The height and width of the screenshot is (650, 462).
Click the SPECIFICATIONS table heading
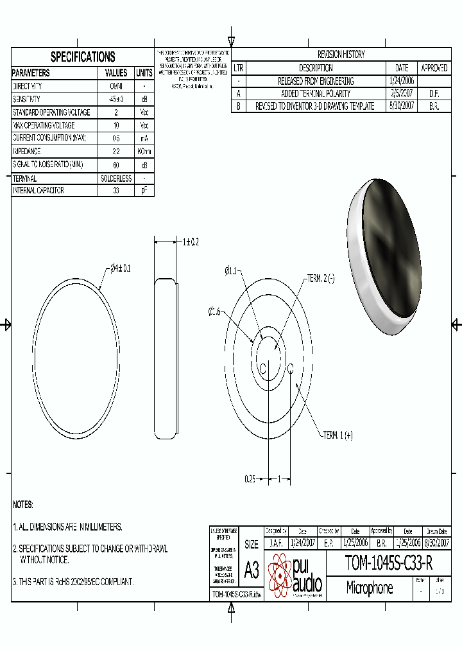pos(83,57)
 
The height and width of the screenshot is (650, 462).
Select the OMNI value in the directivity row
pos(116,86)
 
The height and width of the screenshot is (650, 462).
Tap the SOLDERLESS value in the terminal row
pos(116,179)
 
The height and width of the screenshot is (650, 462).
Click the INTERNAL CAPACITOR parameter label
pos(38,191)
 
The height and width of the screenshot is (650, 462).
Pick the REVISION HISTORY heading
pos(341,55)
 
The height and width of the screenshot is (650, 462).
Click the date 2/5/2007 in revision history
pos(402,94)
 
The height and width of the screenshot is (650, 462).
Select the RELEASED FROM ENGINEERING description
pos(315,81)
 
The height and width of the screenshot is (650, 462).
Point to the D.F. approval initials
pos(434,94)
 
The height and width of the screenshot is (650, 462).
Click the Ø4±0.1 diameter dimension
pos(117,268)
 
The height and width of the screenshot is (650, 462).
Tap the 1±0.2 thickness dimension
pos(191,242)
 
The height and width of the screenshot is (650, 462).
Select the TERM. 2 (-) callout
pos(321,278)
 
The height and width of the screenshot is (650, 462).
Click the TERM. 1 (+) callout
pos(338,435)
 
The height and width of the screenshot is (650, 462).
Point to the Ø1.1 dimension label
pos(230,271)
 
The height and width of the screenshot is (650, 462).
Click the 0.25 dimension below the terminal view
pos(250,479)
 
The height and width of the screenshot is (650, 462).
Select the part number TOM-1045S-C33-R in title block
pos(389,563)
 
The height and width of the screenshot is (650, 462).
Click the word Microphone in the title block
pos(370,588)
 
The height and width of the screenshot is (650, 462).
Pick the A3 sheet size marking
pos(252,570)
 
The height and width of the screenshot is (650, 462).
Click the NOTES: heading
pos(23,505)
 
